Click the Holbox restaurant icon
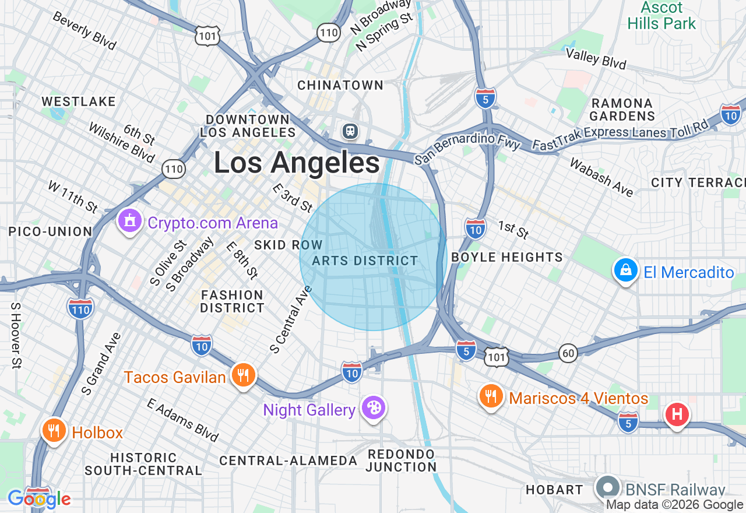54,431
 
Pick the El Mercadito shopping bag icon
625,270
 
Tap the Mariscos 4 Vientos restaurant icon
491,396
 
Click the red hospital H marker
677,415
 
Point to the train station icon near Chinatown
350,131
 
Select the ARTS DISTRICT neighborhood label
365,261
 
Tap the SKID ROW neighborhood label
288,245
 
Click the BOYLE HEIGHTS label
507,257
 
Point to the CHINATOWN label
340,85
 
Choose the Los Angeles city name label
297,162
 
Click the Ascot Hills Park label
661,16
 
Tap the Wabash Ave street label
601,177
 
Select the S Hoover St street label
16,335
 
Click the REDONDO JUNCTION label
401,460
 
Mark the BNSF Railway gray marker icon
608,487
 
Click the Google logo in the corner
39,499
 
